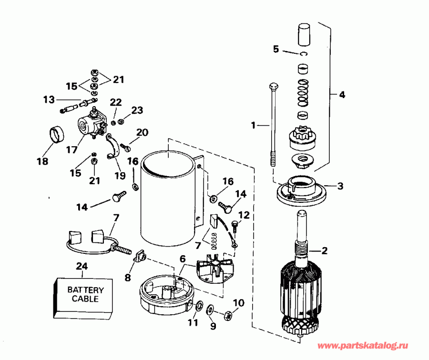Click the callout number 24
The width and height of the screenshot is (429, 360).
82,266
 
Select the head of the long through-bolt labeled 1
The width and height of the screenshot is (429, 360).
273,87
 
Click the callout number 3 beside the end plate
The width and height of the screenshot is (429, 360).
340,186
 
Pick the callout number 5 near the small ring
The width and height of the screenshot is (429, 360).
276,49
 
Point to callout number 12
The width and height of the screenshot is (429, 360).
244,215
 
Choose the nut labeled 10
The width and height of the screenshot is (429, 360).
228,315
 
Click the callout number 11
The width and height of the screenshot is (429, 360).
192,322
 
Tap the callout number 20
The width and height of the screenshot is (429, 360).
142,132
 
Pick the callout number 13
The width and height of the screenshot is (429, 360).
49,100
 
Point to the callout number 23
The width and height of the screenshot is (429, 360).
137,110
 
